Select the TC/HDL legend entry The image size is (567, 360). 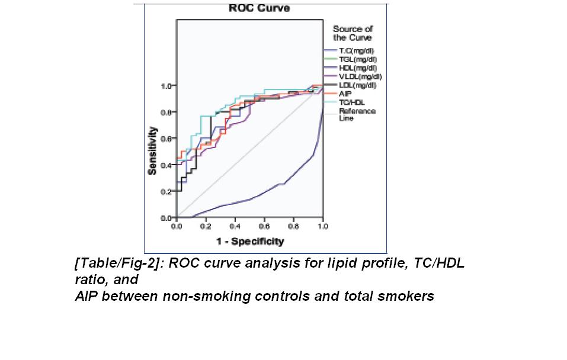351,102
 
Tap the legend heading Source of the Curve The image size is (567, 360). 352,33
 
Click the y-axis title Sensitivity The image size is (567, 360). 153,150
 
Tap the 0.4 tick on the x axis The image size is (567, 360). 235,226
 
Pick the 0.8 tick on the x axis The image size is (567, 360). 293,226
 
